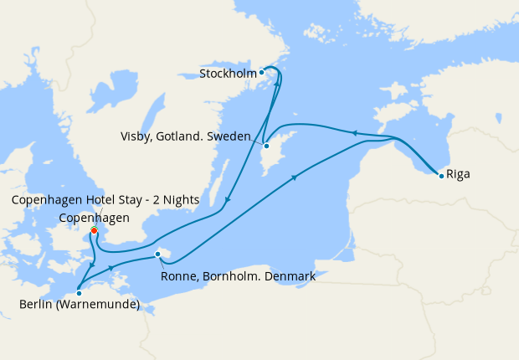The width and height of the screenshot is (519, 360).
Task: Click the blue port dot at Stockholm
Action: point(262,73)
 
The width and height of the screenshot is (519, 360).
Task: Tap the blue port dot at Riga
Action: point(440,175)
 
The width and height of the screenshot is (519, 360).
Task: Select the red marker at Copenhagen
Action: point(94,230)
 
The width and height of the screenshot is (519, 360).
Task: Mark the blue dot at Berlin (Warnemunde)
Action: point(79,292)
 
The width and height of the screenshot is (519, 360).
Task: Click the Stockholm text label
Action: point(227,74)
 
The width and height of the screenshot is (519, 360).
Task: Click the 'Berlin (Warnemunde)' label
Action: point(79,305)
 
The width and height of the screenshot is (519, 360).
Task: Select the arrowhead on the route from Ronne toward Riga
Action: point(295,177)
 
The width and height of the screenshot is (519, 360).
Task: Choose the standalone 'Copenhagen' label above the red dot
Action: point(94,218)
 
